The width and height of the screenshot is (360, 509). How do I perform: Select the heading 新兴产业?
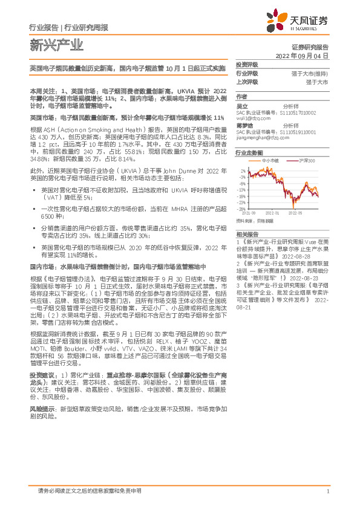coord(47,44)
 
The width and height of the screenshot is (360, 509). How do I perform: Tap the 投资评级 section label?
coord(246,65)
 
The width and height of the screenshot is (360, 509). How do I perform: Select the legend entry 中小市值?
coord(270,160)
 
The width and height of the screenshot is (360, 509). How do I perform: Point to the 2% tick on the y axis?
coord(242,172)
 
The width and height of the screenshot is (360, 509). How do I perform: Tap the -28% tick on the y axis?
coord(241,209)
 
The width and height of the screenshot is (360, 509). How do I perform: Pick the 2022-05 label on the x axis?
coord(295,213)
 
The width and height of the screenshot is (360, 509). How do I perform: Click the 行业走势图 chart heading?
coord(249,153)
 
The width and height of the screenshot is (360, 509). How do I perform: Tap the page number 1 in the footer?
coord(327,491)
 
